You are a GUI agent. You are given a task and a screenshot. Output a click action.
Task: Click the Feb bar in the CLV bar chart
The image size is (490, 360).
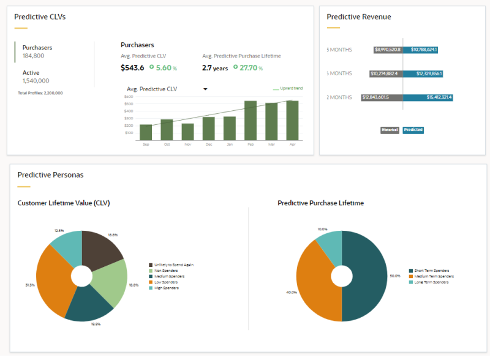251,121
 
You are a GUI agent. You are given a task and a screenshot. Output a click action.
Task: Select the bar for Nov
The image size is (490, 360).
187,132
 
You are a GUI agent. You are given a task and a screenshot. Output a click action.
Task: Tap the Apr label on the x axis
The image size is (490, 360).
292,144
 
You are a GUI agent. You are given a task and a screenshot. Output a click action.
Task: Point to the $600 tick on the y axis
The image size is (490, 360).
129,97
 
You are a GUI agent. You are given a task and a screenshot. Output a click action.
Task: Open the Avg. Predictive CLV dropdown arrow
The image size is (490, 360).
205,89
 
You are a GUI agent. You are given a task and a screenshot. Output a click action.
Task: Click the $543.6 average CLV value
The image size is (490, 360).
132,68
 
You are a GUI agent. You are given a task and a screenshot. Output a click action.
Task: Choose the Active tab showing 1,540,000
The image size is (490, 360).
36,76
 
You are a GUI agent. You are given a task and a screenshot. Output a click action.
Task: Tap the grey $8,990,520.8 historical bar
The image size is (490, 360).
388,50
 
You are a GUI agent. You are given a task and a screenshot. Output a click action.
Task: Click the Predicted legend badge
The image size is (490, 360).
413,130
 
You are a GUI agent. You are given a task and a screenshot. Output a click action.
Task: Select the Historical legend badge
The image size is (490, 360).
390,130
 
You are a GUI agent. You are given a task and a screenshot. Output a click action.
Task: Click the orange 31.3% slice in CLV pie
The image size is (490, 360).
52,282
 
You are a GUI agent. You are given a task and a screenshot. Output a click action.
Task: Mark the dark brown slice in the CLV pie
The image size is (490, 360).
101,248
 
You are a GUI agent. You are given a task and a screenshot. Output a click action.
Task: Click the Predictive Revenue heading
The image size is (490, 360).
359,17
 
